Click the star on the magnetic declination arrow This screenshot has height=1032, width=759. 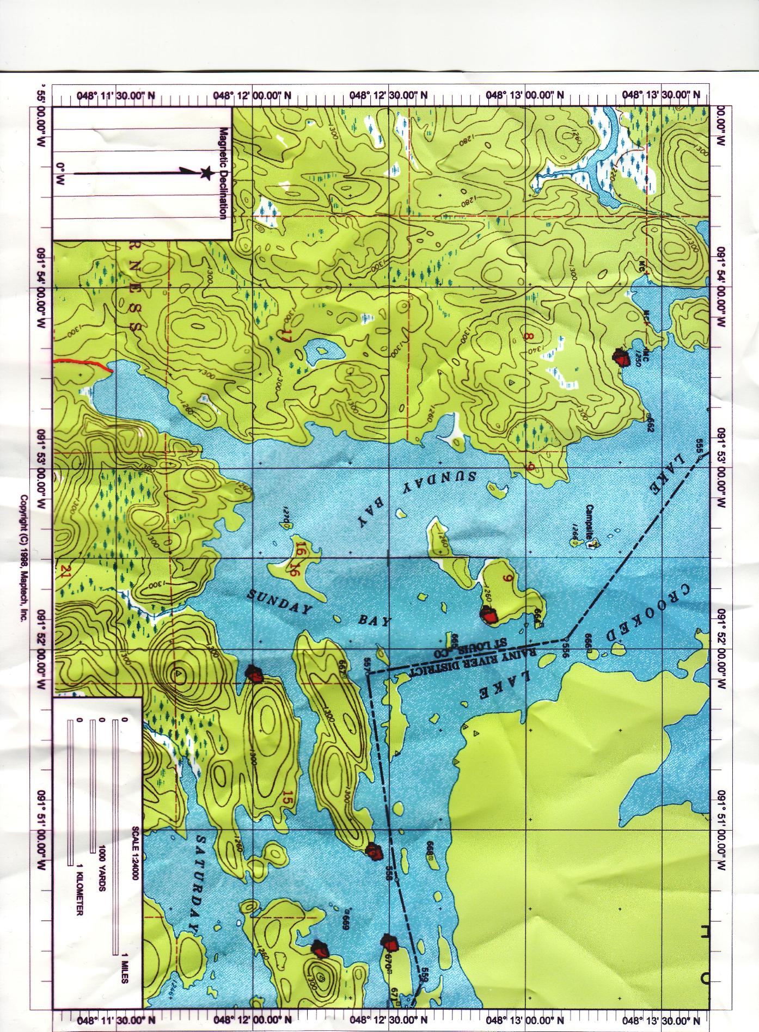pyautogui.click(x=206, y=174)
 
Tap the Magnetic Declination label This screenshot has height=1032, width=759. pyautogui.click(x=222, y=173)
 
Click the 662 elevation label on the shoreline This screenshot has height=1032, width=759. pyautogui.click(x=650, y=425)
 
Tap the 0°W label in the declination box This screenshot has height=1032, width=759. pyautogui.click(x=60, y=174)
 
